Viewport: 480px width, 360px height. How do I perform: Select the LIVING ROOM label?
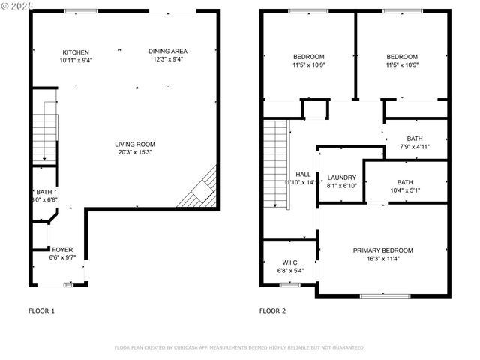click(x=135, y=145)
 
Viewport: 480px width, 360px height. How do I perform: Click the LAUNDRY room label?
click(x=342, y=178)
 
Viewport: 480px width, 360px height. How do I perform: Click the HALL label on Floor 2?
click(x=303, y=174)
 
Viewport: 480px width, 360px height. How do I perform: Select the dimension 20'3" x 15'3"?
click(x=135, y=153)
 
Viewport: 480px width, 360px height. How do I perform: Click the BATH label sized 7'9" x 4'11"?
click(x=415, y=139)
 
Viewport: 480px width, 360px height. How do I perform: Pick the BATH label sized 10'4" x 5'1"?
click(x=405, y=182)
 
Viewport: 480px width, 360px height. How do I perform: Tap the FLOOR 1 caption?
click(x=41, y=310)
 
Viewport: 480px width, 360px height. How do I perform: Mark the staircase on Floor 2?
click(x=277, y=165)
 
